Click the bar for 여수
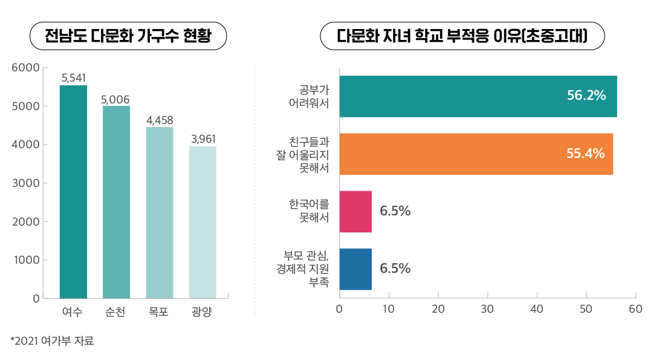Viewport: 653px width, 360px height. pyautogui.click(x=73, y=192)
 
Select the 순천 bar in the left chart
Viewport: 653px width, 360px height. pyautogui.click(x=116, y=202)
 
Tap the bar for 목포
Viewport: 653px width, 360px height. pyautogui.click(x=160, y=212)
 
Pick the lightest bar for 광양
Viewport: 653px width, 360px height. pyautogui.click(x=203, y=222)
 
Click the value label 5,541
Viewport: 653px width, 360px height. pyautogui.click(x=74, y=77)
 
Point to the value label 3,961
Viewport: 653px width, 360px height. pyautogui.click(x=203, y=139)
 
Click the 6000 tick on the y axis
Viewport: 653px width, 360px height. pyautogui.click(x=25, y=68)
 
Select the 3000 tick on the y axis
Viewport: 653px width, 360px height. pyautogui.click(x=25, y=183)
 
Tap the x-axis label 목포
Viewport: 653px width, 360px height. pyautogui.click(x=160, y=313)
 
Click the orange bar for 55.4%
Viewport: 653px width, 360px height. pyautogui.click(x=476, y=154)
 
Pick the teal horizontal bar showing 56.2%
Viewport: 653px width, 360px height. pyautogui.click(x=478, y=96)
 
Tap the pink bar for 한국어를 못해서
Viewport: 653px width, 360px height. pyautogui.click(x=356, y=211)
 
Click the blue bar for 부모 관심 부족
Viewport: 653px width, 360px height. pyautogui.click(x=356, y=269)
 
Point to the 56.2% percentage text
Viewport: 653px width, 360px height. pyautogui.click(x=586, y=96)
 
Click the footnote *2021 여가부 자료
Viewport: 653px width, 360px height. pyautogui.click(x=53, y=341)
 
